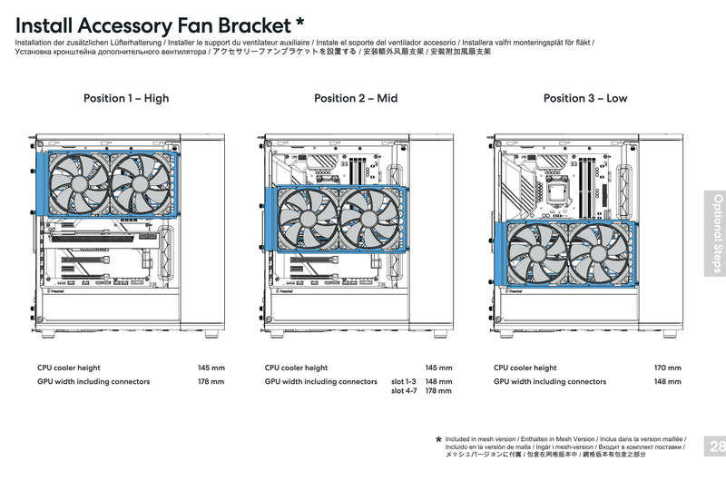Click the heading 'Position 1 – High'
[x=126, y=98]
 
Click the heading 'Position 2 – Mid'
[x=356, y=98]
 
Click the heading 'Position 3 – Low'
[x=585, y=98]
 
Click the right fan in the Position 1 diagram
[x=140, y=182]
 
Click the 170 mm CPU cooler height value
[x=667, y=368]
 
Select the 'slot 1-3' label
[x=404, y=382]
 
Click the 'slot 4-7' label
[x=404, y=391]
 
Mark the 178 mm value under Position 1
[x=211, y=382]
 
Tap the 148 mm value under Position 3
[x=667, y=382]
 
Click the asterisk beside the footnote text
[x=439, y=440]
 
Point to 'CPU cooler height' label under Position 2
[x=297, y=368]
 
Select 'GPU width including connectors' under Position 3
[x=550, y=382]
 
